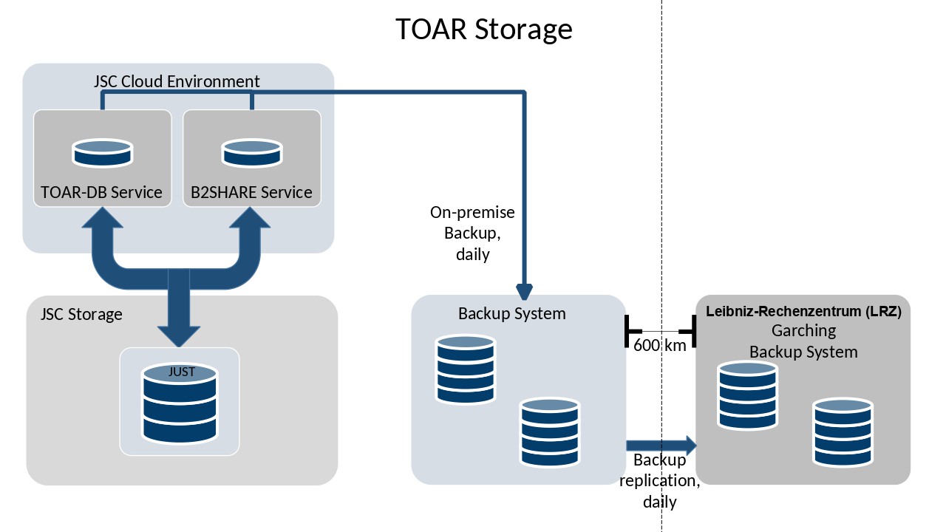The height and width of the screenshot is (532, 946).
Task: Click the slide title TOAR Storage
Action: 483,30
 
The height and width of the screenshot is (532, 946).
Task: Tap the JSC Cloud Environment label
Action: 177,81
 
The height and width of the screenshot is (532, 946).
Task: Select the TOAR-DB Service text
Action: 101,192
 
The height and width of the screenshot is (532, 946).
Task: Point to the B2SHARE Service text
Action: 251,192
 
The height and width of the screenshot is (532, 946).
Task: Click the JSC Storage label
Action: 81,314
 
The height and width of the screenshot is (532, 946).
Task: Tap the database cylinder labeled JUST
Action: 180,402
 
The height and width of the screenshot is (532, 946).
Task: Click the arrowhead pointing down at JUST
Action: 179,333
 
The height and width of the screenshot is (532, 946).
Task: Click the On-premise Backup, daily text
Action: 473,233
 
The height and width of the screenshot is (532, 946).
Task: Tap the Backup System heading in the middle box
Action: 511,313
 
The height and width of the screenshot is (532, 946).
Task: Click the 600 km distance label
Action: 659,344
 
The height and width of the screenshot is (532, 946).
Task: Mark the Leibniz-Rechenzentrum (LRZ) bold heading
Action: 803,311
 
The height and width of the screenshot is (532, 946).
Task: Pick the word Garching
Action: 803,330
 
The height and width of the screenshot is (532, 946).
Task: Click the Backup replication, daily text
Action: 659,480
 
